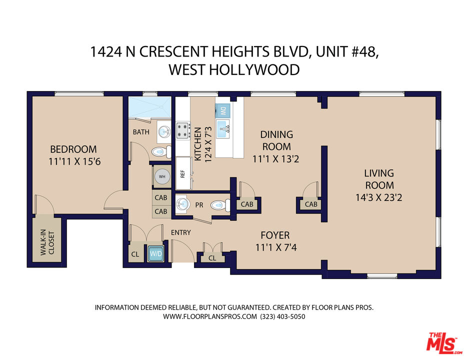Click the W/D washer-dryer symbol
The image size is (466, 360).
coord(156,253)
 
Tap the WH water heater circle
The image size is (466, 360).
coord(162,176)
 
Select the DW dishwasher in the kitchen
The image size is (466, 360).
coord(223,111)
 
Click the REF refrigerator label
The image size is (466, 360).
coord(182,174)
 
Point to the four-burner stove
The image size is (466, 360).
coord(183,130)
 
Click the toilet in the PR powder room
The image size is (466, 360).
coord(220,205)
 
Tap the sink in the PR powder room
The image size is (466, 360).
coord(182,204)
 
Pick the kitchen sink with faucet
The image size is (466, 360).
coord(223,128)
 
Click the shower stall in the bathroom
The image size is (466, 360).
coord(150,107)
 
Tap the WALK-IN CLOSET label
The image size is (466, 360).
coord(47,242)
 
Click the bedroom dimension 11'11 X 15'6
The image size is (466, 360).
coord(74,161)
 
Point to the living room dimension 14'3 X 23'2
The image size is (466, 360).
coord(379,197)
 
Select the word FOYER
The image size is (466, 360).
coord(275,235)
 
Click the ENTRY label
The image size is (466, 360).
coord(180,232)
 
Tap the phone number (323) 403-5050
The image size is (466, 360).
coord(282,316)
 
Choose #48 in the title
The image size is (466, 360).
coord(361,51)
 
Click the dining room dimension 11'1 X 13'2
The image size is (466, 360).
coord(276,158)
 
